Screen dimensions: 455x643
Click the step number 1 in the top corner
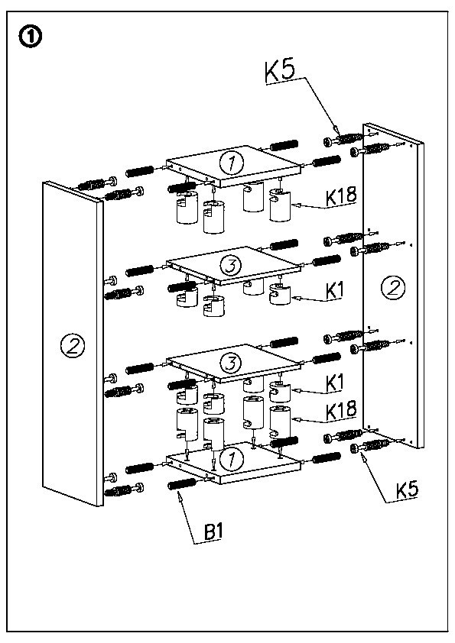tap(30, 37)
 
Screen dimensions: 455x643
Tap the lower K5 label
tap(407, 490)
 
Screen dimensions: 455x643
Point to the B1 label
tap(213, 532)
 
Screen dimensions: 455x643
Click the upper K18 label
tap(341, 195)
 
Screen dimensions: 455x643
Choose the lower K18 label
tap(341, 412)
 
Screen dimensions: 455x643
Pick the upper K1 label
tap(334, 291)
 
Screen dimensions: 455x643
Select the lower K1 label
tap(334, 383)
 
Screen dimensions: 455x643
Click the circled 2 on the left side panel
tap(73, 346)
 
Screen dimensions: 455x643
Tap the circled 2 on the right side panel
tap(393, 287)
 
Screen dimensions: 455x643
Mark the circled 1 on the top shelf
tap(232, 163)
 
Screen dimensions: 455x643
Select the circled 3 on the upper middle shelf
tap(232, 267)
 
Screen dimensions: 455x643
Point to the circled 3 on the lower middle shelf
tap(232, 363)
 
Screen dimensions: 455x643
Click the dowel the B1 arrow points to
tap(182, 484)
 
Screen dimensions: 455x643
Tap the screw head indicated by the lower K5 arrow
tap(356, 448)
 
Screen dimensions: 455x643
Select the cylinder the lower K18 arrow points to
tap(280, 422)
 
